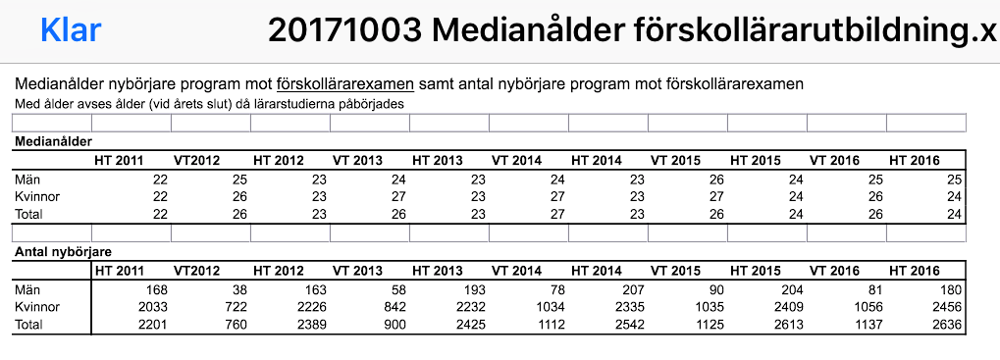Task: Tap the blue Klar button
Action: point(71,30)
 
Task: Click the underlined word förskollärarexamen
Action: point(345,84)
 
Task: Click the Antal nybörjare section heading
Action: point(61,253)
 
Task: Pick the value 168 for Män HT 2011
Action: point(155,289)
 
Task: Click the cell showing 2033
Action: point(150,307)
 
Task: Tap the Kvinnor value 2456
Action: point(945,307)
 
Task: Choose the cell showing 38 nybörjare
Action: point(238,289)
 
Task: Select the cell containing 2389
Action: point(309,325)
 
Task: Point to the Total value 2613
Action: point(786,325)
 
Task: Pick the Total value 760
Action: point(235,325)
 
